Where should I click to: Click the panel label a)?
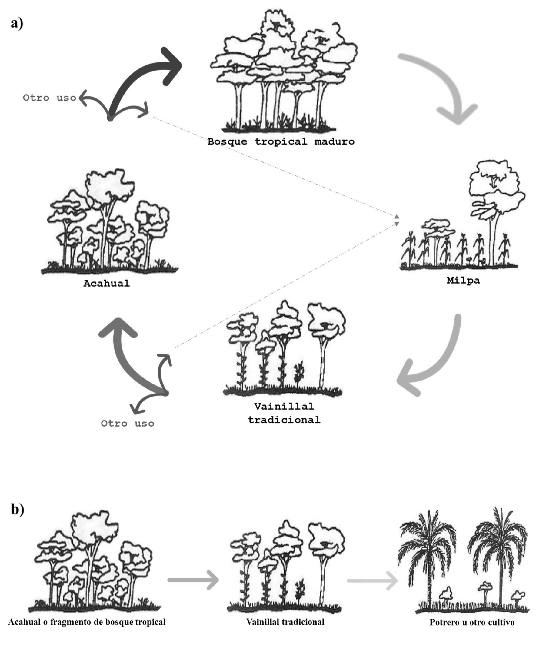click(17, 23)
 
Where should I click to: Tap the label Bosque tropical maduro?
click(281, 142)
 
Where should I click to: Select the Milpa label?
click(463, 281)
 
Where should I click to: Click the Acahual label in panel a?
click(106, 283)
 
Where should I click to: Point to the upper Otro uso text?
click(49, 98)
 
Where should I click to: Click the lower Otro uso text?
click(128, 424)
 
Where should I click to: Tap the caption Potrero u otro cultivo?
click(472, 622)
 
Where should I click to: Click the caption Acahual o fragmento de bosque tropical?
click(87, 622)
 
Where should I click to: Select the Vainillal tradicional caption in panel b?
click(285, 622)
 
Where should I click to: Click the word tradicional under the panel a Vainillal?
click(284, 420)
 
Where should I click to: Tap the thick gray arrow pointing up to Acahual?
click(127, 356)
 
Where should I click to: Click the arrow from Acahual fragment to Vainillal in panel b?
click(193, 580)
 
